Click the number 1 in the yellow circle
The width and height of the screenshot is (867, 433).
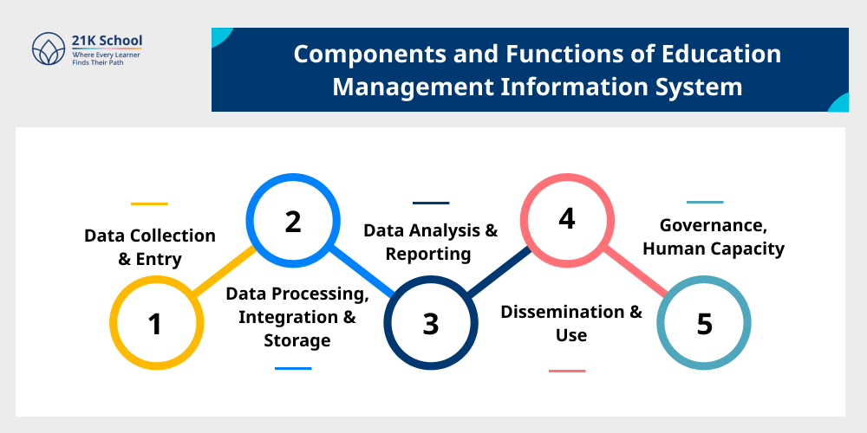[155, 324]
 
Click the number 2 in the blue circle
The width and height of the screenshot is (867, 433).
[293, 222]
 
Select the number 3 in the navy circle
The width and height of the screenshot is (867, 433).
[431, 324]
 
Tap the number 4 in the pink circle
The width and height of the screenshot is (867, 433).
[567, 219]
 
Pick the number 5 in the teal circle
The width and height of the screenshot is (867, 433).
[704, 324]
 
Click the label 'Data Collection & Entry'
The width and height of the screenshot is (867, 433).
[149, 247]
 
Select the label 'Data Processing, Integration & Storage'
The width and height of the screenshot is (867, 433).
[297, 317]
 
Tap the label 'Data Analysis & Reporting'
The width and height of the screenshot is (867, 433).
[430, 242]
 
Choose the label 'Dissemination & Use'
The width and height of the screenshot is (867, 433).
[571, 323]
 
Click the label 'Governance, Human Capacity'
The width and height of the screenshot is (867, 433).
[714, 237]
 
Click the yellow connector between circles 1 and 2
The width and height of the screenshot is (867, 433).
[225, 272]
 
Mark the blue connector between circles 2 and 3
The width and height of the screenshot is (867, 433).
[362, 272]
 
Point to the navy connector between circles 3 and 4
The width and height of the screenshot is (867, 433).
[499, 272]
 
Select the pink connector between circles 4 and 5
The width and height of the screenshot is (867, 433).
[636, 272]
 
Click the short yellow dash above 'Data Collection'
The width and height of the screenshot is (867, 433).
[149, 204]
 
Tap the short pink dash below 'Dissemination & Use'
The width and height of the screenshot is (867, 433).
[567, 371]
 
